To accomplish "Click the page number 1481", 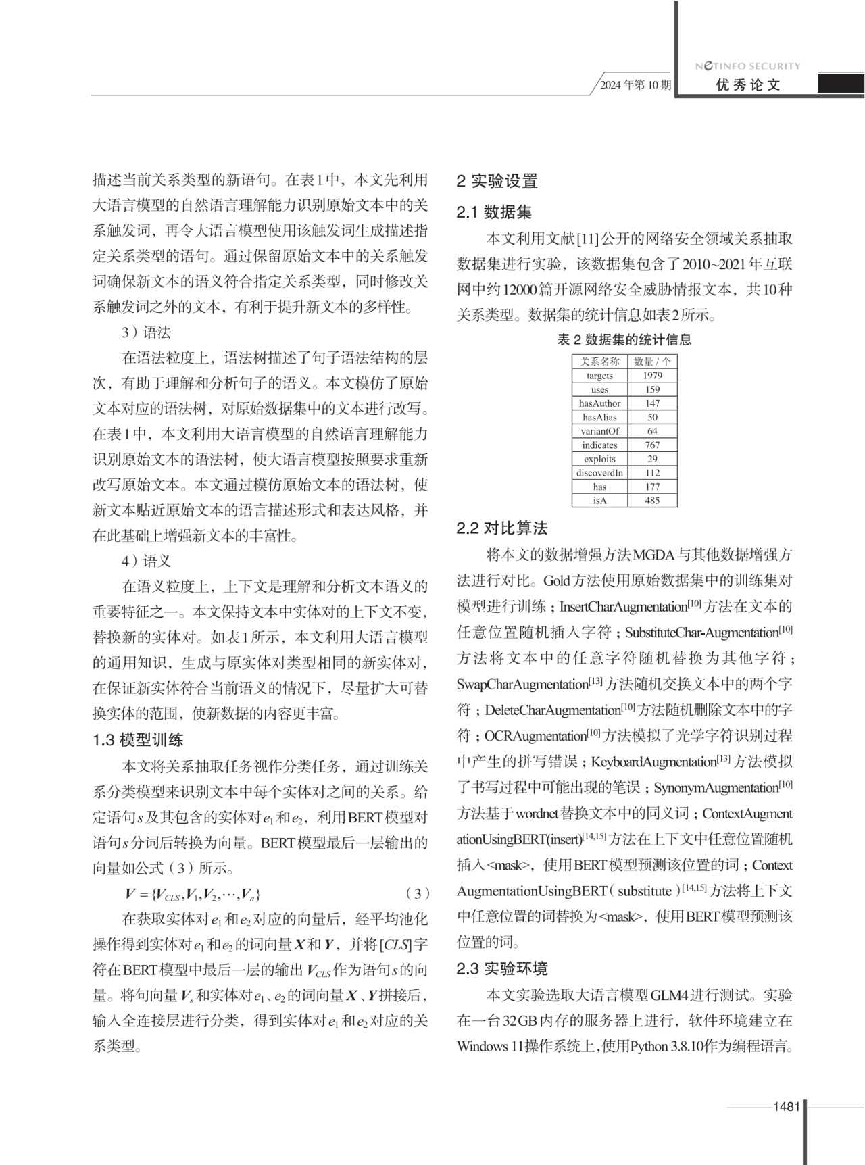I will [x=786, y=1106].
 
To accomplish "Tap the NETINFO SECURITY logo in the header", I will [x=747, y=66].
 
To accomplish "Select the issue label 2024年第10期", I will [x=636, y=85].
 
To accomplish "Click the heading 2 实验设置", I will [x=497, y=181].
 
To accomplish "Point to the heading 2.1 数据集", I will [x=494, y=212].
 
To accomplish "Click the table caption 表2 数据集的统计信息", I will [x=624, y=340].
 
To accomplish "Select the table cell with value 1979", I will [x=652, y=376].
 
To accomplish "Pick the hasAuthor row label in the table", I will [x=599, y=403].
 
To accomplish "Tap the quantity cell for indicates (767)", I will [x=652, y=445].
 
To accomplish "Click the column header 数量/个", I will [x=652, y=362].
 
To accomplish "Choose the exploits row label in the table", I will [x=599, y=459].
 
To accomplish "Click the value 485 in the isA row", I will [x=652, y=501].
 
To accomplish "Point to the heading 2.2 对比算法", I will [x=502, y=528].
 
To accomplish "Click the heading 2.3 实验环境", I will [x=502, y=969].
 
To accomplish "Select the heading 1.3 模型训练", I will [x=138, y=740].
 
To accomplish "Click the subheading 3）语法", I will [x=146, y=332].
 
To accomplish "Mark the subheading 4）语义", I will [x=146, y=561].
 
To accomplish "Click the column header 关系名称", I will [x=599, y=362].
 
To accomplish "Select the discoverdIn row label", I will [x=599, y=473].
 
